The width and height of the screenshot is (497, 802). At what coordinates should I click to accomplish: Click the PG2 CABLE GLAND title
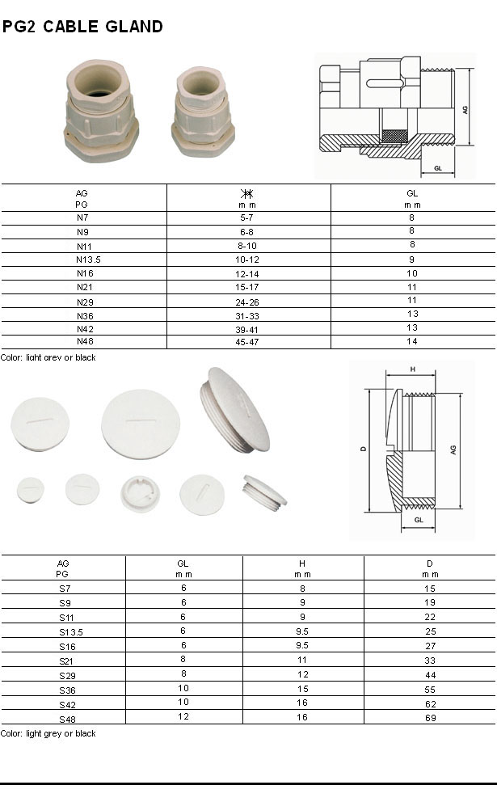[82, 27]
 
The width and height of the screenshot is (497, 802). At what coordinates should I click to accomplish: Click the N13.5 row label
[82, 260]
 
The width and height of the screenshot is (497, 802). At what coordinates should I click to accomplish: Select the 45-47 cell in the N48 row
[248, 342]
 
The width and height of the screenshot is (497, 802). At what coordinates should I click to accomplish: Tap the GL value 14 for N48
[412, 342]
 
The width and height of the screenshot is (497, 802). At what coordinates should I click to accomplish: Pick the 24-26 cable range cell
[248, 301]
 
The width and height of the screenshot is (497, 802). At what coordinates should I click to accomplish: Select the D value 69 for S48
[430, 718]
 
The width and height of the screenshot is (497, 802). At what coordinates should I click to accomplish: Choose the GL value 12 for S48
[183, 717]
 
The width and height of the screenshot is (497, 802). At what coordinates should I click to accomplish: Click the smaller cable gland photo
[202, 112]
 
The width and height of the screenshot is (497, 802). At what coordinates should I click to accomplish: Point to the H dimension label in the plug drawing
[413, 369]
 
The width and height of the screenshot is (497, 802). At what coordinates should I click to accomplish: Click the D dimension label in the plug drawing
[364, 449]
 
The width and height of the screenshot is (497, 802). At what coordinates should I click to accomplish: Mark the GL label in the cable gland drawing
[437, 167]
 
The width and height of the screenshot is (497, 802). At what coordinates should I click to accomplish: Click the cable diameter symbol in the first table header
[248, 194]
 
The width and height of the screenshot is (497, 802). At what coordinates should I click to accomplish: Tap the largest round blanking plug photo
[140, 424]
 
